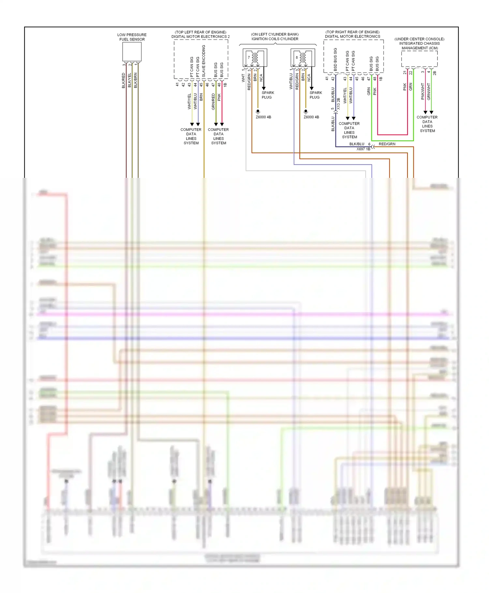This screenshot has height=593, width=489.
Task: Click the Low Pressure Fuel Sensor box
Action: click(x=132, y=52)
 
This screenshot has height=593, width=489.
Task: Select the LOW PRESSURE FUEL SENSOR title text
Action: click(x=132, y=37)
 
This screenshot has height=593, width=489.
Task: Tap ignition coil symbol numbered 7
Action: click(x=255, y=58)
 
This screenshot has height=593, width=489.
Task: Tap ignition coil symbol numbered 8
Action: click(x=303, y=58)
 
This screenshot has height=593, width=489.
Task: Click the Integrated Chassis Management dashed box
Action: click(x=419, y=59)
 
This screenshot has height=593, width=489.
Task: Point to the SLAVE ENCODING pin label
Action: click(x=204, y=61)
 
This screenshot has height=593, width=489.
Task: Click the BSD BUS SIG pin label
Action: click(x=335, y=59)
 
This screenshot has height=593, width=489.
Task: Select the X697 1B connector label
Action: click(x=363, y=149)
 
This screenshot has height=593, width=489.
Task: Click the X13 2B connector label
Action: click(x=338, y=103)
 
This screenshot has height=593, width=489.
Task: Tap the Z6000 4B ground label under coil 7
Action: click(x=263, y=117)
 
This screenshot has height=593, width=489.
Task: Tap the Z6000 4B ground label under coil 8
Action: click(x=311, y=117)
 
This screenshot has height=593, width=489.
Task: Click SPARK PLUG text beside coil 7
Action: click(x=268, y=95)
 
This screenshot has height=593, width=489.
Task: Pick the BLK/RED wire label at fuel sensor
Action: click(x=124, y=80)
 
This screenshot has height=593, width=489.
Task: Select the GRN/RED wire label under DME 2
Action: click(x=213, y=101)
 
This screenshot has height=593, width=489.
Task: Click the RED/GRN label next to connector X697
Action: click(x=387, y=144)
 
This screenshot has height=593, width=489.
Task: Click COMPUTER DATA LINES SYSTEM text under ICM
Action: click(x=427, y=124)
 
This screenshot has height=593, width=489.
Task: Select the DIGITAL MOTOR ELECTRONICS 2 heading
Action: click(x=200, y=37)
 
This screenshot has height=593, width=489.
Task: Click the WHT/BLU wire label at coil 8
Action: click(x=291, y=81)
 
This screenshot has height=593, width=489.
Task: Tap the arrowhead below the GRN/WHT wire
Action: click(x=431, y=112)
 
